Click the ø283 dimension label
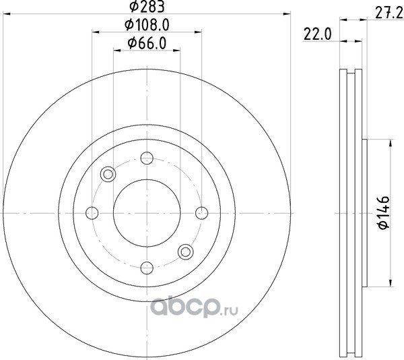[147, 6]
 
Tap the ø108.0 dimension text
[147, 25]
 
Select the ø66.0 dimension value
[147, 43]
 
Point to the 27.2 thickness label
[389, 13]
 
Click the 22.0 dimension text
[317, 34]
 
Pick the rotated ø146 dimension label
[383, 212]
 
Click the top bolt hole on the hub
[147, 158]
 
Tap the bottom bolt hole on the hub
[147, 268]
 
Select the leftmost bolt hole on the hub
[92, 213]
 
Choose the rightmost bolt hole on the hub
[202, 213]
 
